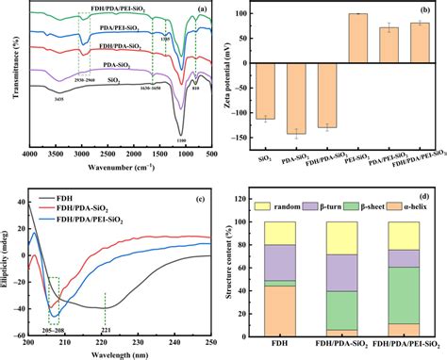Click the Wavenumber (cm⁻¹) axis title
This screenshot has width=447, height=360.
122,167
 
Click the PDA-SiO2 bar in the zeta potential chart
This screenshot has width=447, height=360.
303,99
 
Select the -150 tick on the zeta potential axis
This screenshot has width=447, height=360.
267,138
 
